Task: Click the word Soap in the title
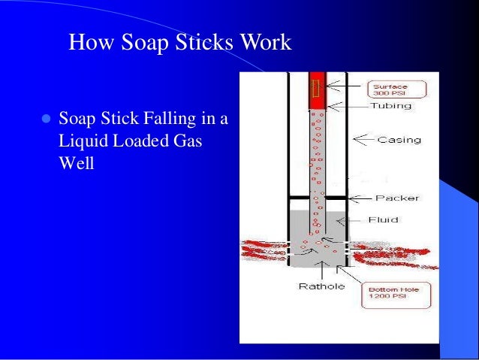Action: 141,42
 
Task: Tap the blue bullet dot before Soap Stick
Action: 44,120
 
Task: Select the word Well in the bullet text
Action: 76,162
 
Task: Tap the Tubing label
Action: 390,106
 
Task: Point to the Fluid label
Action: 383,219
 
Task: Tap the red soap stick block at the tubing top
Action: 316,88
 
